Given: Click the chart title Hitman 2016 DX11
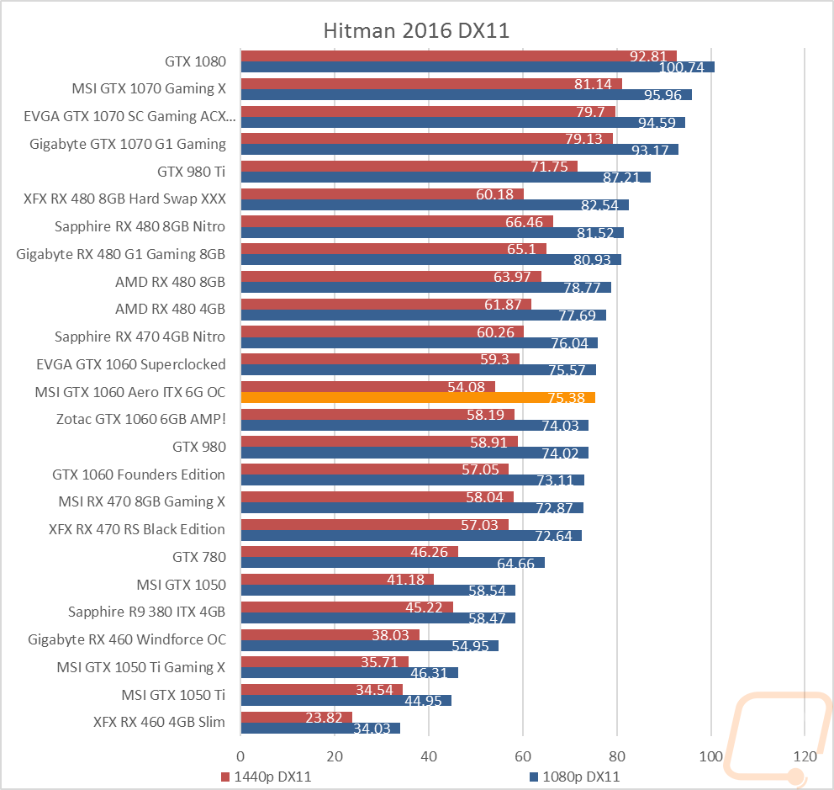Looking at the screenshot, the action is pos(416,30).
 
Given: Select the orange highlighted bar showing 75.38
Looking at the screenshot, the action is pos(418,398).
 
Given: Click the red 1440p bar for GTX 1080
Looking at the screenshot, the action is pos(458,56).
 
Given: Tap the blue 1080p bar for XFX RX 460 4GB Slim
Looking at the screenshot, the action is pos(320,729).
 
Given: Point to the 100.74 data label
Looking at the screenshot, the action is pos(681,67).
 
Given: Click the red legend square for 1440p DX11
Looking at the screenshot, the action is pos(225,777).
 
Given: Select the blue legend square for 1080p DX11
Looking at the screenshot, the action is pos(534,777).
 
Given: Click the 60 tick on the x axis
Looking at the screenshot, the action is pos(523,756).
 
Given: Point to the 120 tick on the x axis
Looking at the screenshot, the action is pos(805,756).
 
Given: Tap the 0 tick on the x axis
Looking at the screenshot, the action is pos(240,756).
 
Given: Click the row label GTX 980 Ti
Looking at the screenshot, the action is pos(192,172).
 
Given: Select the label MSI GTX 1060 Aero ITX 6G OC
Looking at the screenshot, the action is pos(130,392).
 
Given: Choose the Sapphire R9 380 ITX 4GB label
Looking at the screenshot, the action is pos(147,612).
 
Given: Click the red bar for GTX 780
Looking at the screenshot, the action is pos(350,552).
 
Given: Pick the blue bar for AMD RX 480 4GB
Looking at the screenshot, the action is pos(424,315).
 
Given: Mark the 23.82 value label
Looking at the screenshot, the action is pos(324,718).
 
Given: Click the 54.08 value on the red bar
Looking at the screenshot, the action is pos(466,387).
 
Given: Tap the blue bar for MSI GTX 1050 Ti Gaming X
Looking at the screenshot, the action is pos(350,673).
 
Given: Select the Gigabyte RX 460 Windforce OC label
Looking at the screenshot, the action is pos(127,640).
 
